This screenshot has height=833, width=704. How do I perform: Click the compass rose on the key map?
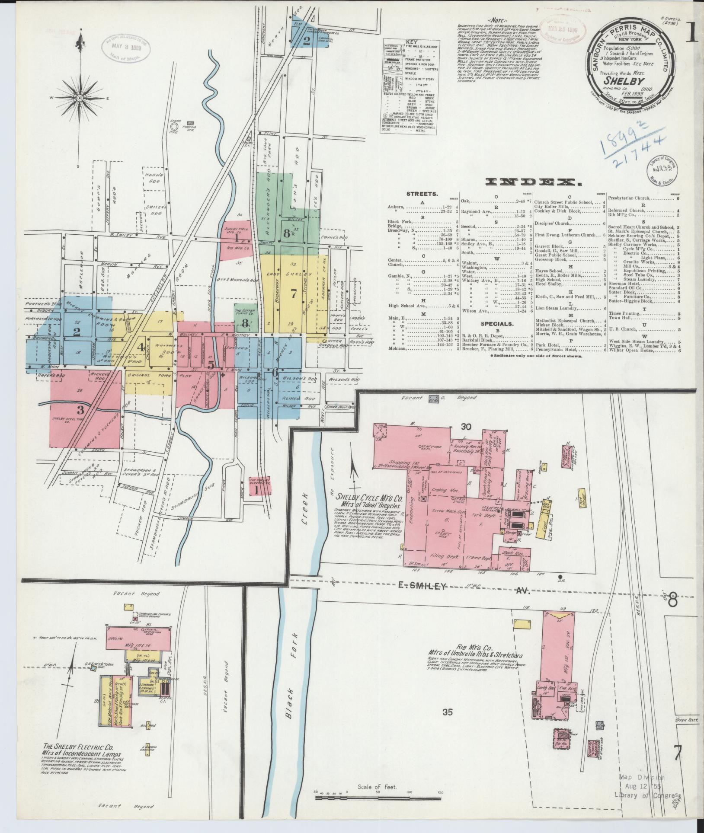pos(80,98)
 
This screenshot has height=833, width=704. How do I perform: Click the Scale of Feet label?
pos(378,788)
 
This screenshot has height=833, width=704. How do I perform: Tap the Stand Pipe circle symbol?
pos(174,126)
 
